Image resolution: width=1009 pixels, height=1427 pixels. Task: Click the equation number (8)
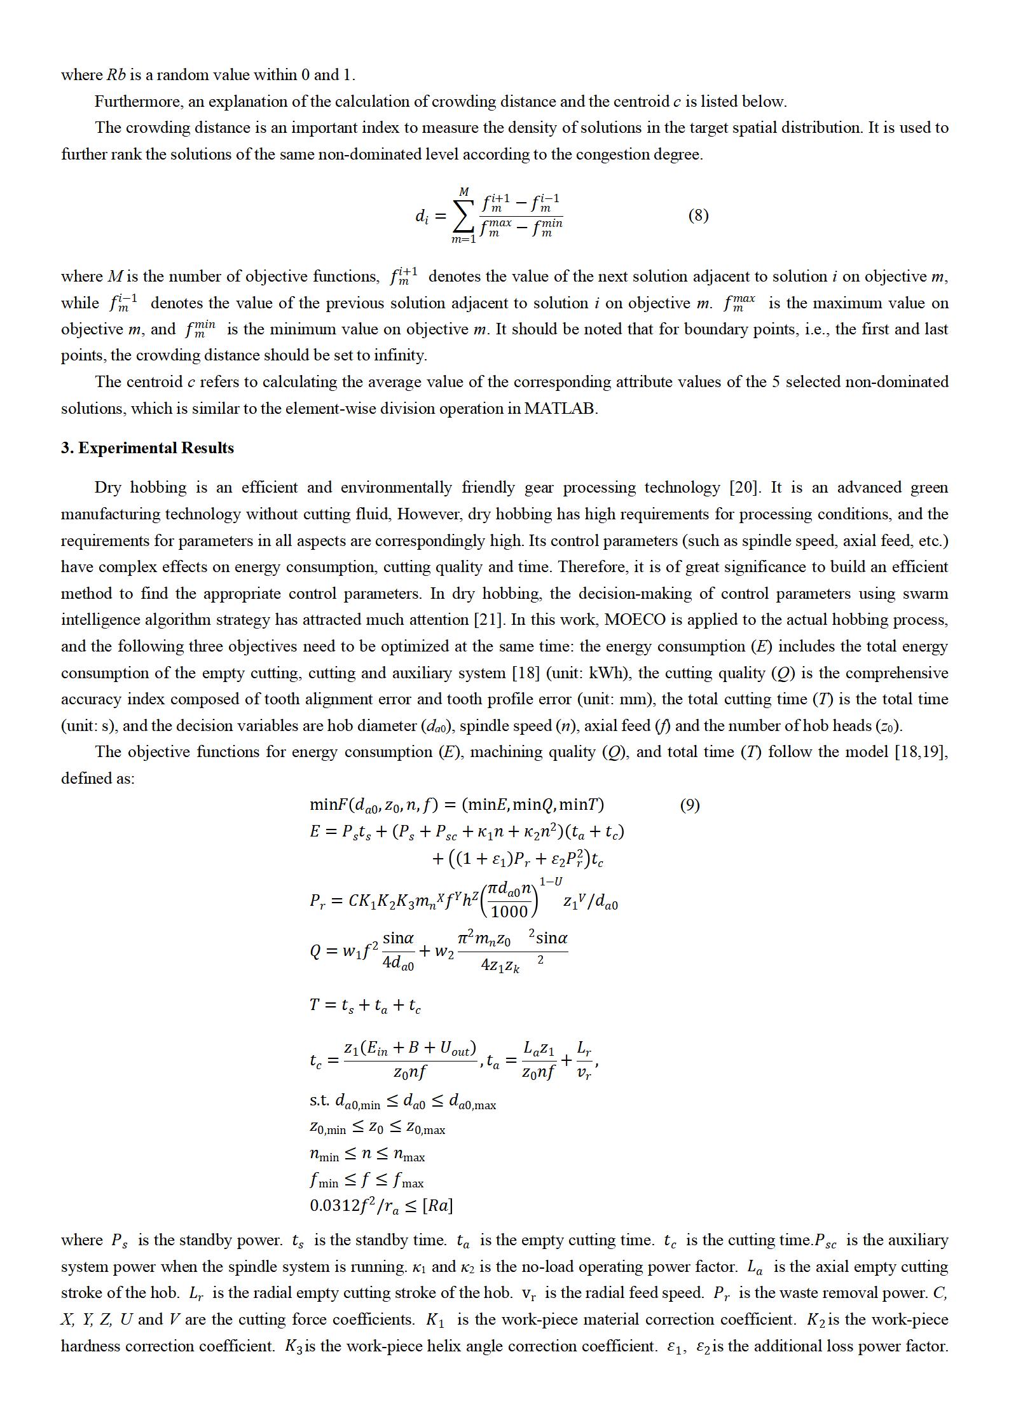click(697, 215)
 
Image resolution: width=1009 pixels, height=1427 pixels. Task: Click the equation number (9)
click(689, 805)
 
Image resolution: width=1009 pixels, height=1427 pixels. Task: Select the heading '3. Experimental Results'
click(147, 448)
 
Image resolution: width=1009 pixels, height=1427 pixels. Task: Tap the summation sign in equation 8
click(463, 216)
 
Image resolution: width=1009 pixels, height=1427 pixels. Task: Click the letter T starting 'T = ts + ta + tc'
click(315, 1005)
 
